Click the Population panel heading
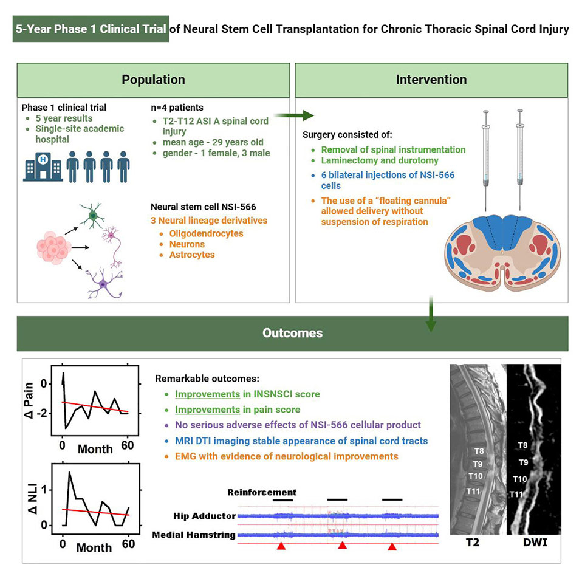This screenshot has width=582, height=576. (x=153, y=80)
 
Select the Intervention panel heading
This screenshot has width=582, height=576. (x=431, y=80)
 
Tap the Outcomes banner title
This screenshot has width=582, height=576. (x=292, y=333)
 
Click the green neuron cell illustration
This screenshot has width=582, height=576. (x=92, y=215)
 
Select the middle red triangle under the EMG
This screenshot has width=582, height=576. (x=343, y=546)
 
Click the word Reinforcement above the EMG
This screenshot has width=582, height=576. (x=262, y=492)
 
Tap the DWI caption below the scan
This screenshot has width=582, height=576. (x=535, y=557)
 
